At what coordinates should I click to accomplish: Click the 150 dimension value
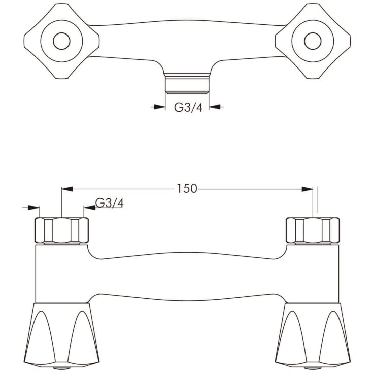tap(187, 189)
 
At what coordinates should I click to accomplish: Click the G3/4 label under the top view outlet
tap(188, 107)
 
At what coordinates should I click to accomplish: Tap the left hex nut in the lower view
tap(61, 230)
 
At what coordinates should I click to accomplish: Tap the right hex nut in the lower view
tap(313, 230)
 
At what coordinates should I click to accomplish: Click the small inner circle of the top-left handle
tap(61, 41)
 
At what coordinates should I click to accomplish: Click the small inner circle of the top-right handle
tap(313, 41)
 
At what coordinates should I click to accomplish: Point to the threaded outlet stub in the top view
tap(187, 83)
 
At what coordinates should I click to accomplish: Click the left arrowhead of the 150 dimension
tap(67, 189)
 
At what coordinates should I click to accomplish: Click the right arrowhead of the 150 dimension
tap(307, 189)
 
